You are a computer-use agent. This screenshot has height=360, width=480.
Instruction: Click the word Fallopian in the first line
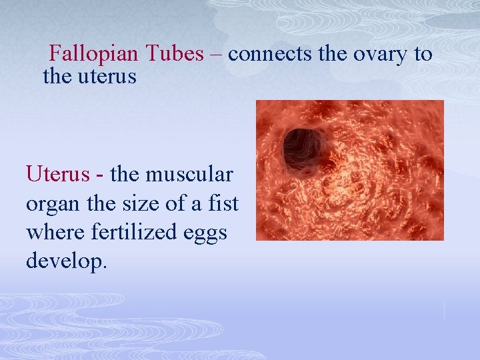coord(93,54)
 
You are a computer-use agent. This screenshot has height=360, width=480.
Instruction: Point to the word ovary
coord(380,54)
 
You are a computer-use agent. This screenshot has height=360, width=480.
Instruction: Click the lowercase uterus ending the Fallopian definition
coord(105,77)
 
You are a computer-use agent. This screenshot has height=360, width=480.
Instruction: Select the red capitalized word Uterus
coord(57,175)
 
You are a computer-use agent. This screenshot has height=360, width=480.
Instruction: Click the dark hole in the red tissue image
coord(303,146)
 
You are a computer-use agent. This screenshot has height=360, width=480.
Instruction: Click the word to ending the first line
coord(423,54)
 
